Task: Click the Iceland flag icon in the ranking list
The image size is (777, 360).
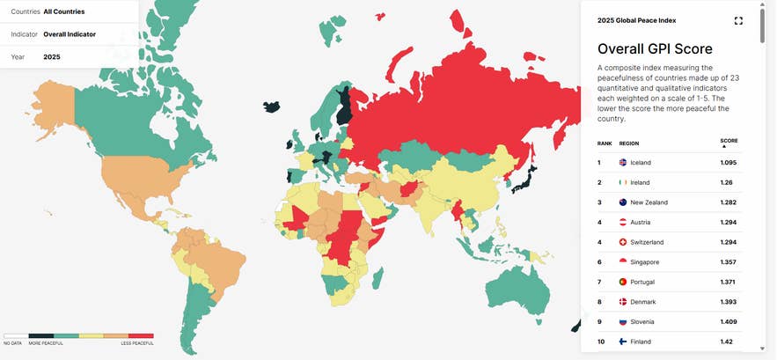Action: [624, 163]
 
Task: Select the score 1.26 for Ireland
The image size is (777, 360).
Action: [728, 182]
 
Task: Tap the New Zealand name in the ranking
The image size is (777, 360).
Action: [649, 202]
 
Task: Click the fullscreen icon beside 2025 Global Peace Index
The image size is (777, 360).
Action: [738, 20]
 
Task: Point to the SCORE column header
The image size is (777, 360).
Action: [729, 141]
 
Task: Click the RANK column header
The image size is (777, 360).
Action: [605, 142]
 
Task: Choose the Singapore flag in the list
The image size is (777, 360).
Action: [624, 262]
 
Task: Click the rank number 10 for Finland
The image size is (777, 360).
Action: [601, 342]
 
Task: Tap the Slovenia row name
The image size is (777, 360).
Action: [643, 322]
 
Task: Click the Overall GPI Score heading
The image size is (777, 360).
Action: [655, 49]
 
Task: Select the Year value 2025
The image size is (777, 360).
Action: [52, 57]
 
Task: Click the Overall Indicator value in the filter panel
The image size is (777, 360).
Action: [70, 34]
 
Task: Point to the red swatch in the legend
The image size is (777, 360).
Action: [142, 335]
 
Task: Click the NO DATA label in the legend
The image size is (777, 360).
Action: [11, 342]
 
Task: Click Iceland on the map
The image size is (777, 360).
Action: [272, 106]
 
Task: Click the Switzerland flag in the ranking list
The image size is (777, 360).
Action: [624, 242]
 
